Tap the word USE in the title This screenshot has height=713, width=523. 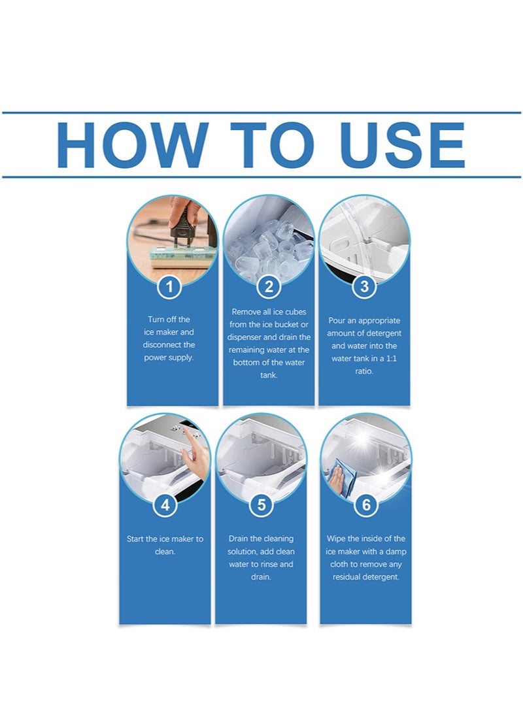coord(402,144)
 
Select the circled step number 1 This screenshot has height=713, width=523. coord(169,287)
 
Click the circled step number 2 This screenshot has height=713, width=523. coord(269,287)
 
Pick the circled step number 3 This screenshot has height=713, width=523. coord(364,287)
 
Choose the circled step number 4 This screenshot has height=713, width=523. coord(165,505)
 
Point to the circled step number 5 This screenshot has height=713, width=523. coord(261,505)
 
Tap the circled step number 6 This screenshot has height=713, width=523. coord(366,505)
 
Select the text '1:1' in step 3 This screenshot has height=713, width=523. coord(391,359)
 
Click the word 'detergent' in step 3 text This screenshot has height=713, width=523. coord(385,333)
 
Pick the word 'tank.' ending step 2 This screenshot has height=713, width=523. coord(269,376)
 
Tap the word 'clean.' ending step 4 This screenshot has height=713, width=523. coord(165,552)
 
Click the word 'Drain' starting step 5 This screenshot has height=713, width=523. coord(239,539)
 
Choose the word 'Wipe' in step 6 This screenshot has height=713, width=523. coord(336,539)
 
